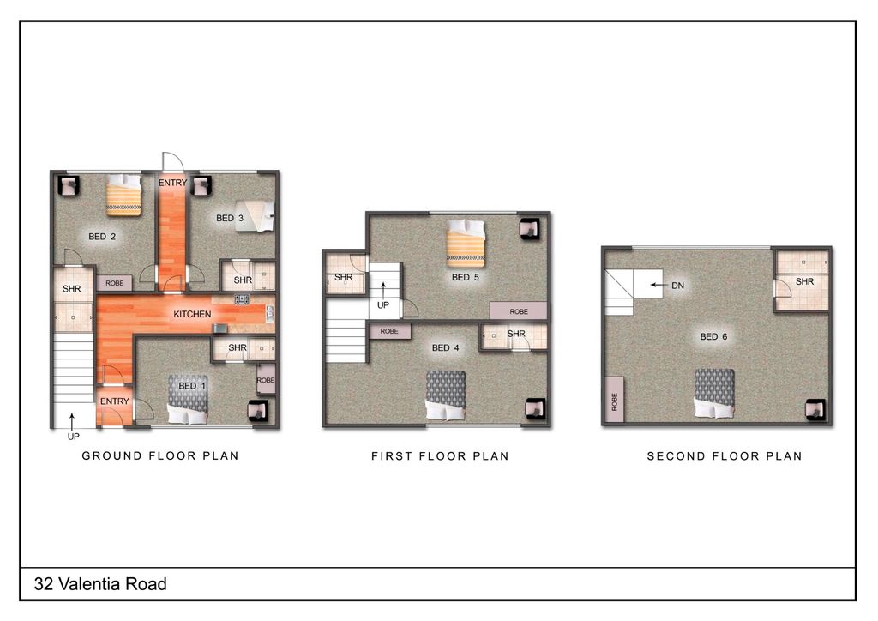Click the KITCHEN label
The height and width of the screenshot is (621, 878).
192,314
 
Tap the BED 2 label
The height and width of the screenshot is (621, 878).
102,237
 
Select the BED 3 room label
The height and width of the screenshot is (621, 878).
230,219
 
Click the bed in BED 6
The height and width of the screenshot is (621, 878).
714,394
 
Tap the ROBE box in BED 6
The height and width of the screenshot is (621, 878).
614,400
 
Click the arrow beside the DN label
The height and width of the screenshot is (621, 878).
658,286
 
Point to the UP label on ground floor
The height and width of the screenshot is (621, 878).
73,437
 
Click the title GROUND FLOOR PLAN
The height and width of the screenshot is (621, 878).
160,455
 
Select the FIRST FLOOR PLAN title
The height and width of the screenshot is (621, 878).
440,456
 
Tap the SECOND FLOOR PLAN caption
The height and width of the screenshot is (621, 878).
725,456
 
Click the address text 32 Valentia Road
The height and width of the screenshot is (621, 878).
100,585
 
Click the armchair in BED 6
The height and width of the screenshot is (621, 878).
815,410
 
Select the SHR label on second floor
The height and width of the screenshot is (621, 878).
804,281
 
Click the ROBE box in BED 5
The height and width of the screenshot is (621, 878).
519,311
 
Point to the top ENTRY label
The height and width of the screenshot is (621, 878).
172,183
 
